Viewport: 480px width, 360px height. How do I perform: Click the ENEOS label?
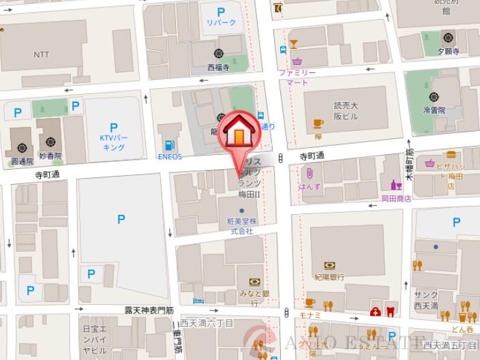pos(170,157)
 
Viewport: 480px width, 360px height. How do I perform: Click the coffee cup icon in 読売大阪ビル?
pos(318,123)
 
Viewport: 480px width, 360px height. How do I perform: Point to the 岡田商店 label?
pos(396,199)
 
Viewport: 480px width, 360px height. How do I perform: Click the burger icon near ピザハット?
pos(451,155)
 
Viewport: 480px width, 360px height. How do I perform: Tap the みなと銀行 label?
pos(254,293)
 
